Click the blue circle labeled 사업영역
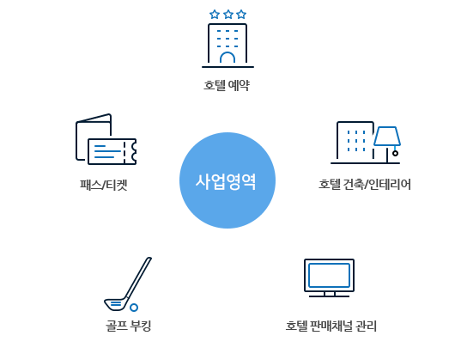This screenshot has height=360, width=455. pyautogui.click(x=227, y=180)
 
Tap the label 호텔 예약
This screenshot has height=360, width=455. pyautogui.click(x=227, y=85)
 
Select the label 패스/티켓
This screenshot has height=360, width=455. pyautogui.click(x=104, y=185)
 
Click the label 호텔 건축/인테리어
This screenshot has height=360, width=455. pyautogui.click(x=365, y=185)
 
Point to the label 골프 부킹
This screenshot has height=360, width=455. pyautogui.click(x=128, y=326)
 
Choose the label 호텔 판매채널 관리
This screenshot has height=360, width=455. pyautogui.click(x=331, y=326)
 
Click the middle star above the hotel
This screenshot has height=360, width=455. pyautogui.click(x=228, y=15)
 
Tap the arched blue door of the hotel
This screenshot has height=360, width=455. pyautogui.click(x=227, y=58)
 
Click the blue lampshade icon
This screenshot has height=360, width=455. pyautogui.click(x=387, y=136)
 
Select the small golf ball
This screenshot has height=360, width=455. pyautogui.click(x=134, y=308)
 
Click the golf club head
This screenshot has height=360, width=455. pyautogui.click(x=116, y=304)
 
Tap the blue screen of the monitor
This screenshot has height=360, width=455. pyautogui.click(x=329, y=275)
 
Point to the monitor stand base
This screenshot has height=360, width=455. pyautogui.click(x=329, y=296)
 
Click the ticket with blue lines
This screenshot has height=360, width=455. pyautogui.click(x=112, y=151)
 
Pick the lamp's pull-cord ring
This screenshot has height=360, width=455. pyautogui.click(x=395, y=153)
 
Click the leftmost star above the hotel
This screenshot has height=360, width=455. pyautogui.click(x=215, y=15)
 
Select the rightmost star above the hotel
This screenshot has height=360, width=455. pyautogui.click(x=241, y=15)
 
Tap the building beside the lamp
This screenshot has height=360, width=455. pyautogui.click(x=355, y=141)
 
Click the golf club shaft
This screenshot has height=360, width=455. pyautogui.click(x=139, y=278)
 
